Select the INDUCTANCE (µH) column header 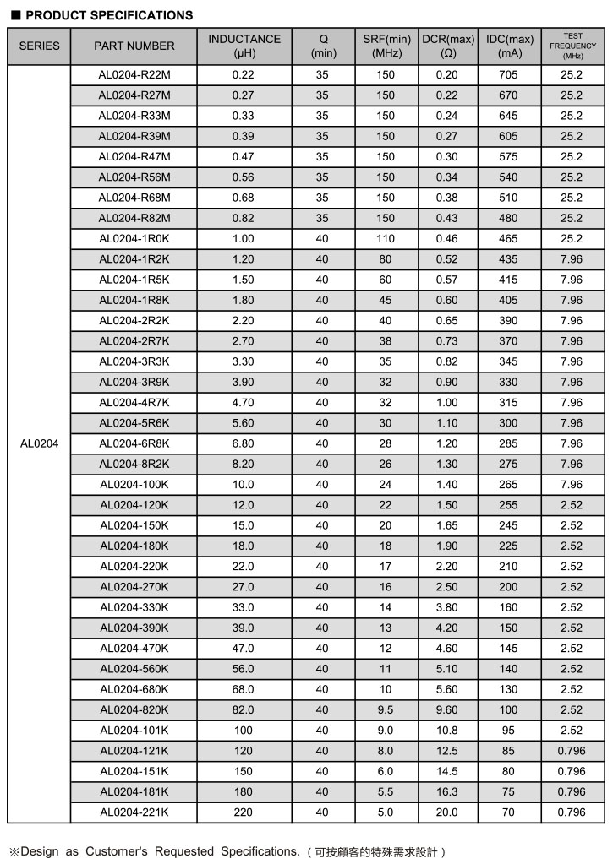pos(244,46)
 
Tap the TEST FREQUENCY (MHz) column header pos(572,46)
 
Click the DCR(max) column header pos(447,46)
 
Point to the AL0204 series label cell pos(39,443)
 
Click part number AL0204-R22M pos(134,75)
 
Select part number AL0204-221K pos(134,812)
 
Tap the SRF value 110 pos(386,239)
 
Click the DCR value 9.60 pos(446,710)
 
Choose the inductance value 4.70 pos(243,403)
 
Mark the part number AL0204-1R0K pos(134,239)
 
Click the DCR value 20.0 pos(446,812)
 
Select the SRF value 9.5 pos(386,710)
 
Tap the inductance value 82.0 pos(243,710)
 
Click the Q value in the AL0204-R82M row pos(322,219)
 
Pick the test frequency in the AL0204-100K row pos(572,485)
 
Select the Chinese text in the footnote pos(376,851)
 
